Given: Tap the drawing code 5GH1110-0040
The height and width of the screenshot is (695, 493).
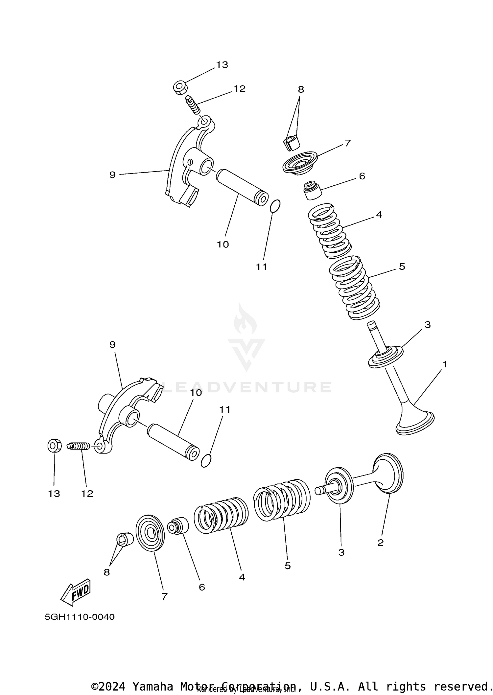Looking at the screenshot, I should click(x=80, y=617).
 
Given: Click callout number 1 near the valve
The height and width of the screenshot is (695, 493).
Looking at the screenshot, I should click(x=445, y=364).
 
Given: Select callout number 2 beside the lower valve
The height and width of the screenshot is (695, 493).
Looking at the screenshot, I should click(x=380, y=543).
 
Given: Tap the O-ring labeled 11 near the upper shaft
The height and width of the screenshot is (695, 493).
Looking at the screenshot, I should click(x=275, y=206).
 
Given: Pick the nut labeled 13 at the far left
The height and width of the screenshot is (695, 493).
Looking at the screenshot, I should click(x=53, y=446).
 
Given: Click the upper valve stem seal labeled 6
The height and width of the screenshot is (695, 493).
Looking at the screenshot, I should click(x=311, y=190).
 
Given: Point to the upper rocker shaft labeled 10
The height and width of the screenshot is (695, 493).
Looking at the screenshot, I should click(x=242, y=187).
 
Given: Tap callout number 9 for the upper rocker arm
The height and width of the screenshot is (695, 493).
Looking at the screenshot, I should click(x=112, y=175).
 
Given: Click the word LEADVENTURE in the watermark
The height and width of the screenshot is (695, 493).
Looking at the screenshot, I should click(x=246, y=387).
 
